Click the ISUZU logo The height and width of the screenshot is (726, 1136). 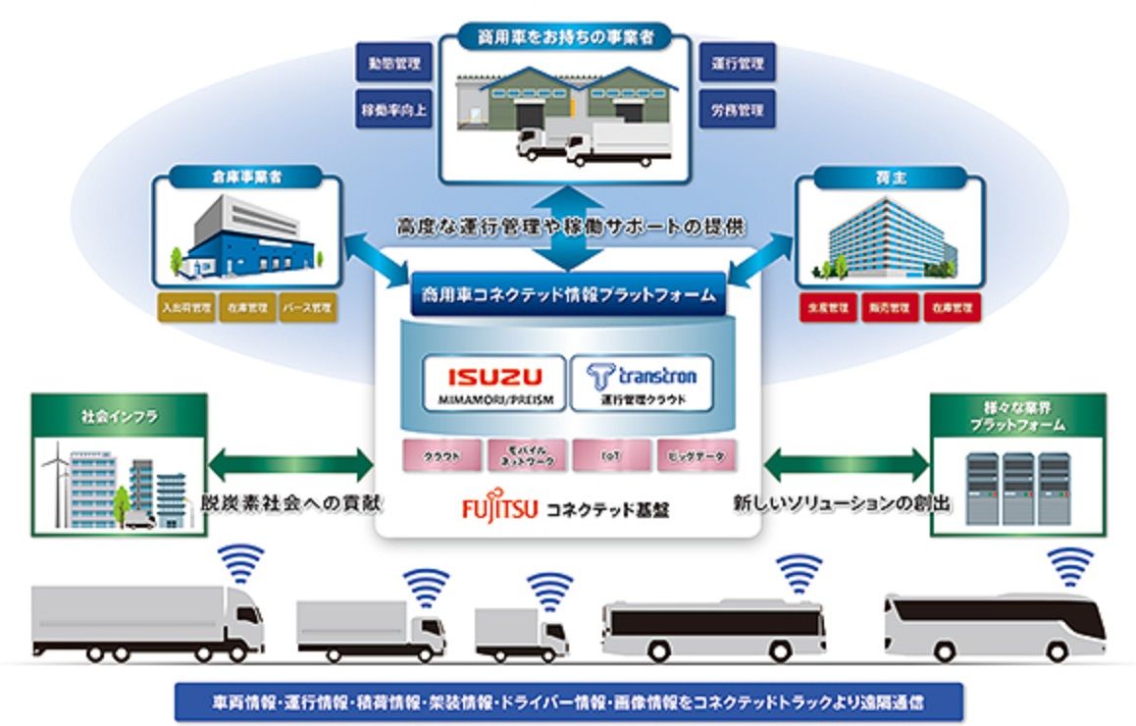click(x=493, y=376)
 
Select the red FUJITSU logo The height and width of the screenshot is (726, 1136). click(x=498, y=510)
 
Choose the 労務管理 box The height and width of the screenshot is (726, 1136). click(x=737, y=110)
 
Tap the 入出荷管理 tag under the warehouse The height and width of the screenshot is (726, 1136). click(x=184, y=306)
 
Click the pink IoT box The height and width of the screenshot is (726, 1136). click(x=612, y=456)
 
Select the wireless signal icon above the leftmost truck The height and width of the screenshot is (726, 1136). click(x=240, y=563)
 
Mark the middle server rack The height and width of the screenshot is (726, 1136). click(x=1017, y=487)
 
